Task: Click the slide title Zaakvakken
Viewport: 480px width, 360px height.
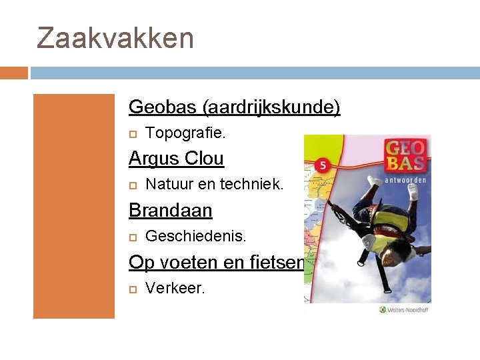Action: (115, 38)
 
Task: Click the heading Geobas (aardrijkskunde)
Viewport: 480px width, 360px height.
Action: (234, 107)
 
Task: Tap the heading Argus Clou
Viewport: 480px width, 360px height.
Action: (176, 159)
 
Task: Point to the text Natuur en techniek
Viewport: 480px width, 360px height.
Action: (214, 185)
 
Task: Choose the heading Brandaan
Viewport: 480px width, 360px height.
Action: (170, 211)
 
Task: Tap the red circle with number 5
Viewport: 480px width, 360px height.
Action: (323, 167)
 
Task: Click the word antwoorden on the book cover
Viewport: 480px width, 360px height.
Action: (405, 179)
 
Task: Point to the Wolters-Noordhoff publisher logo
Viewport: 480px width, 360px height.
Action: (404, 309)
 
